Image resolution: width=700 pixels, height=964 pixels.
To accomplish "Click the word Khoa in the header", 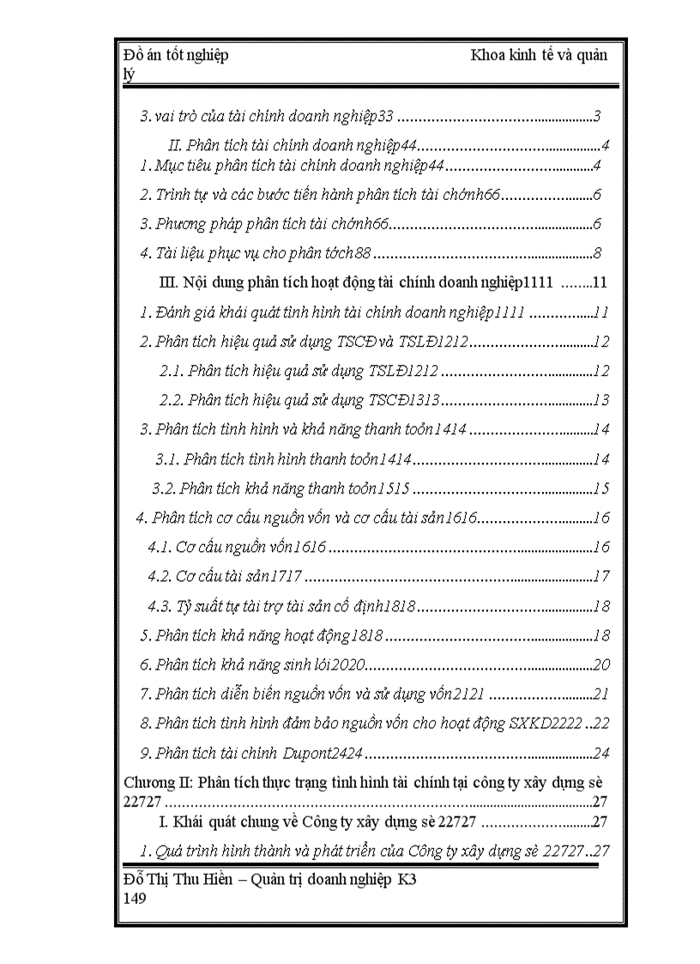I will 488,56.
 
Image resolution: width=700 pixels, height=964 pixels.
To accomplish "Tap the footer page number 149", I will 135,898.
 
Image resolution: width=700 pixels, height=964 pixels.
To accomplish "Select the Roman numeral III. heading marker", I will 167,282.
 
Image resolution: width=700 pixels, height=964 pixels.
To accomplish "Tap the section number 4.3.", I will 160,607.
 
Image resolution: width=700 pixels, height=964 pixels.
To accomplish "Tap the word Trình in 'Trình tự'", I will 175,195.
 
